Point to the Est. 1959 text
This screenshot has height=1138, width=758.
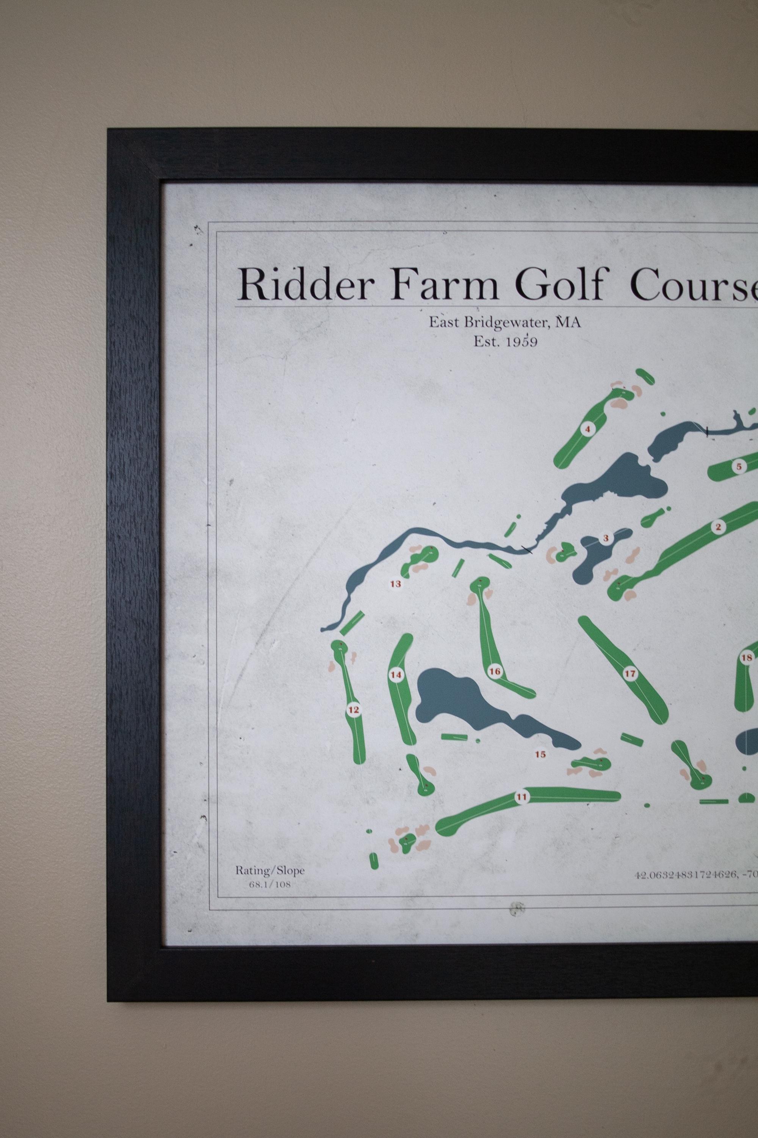(x=505, y=342)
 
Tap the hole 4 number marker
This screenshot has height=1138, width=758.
(x=588, y=429)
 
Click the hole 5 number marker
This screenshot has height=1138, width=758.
(x=739, y=467)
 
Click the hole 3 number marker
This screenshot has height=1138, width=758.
(x=605, y=538)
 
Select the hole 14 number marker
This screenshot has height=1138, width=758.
(x=396, y=675)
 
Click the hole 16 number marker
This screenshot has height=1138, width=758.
(x=495, y=671)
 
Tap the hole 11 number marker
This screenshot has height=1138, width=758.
(x=521, y=797)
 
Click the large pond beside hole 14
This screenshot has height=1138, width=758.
(x=459, y=704)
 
